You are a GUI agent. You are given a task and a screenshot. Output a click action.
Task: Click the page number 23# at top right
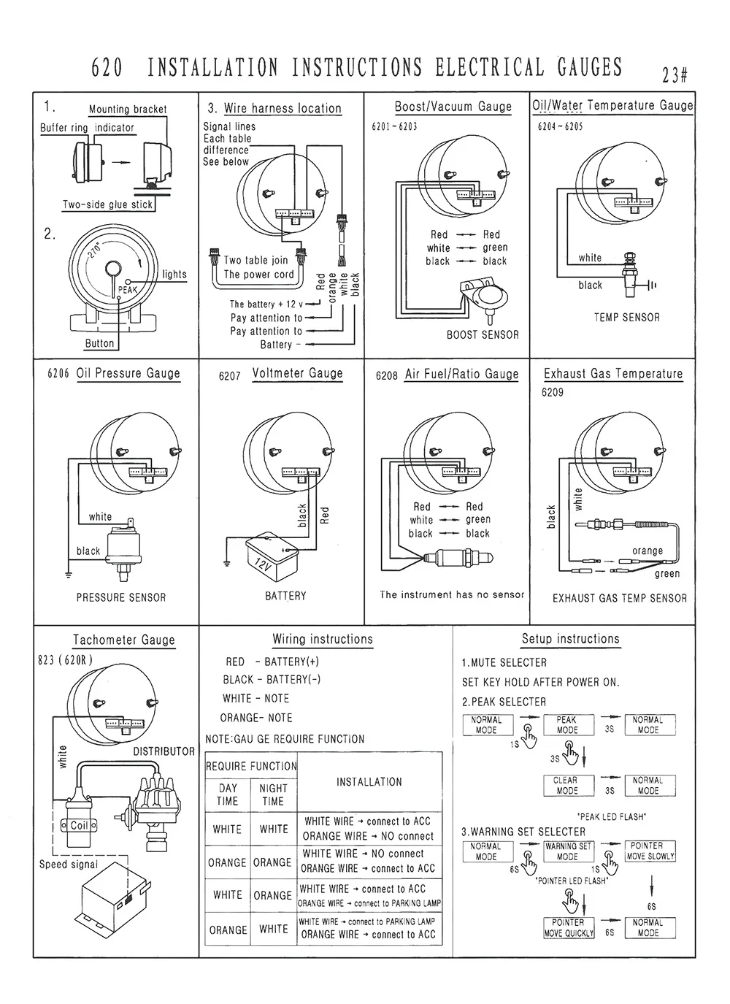point(675,75)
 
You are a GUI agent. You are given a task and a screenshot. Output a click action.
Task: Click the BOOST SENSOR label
point(483,335)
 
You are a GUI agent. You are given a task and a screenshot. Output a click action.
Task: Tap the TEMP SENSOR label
point(626,318)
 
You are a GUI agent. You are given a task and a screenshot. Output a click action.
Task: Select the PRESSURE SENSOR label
point(121,597)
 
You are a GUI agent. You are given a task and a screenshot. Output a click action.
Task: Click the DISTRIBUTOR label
point(164,751)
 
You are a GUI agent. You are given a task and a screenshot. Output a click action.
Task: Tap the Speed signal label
point(69,865)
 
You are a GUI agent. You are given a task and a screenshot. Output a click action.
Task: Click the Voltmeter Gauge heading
point(297,373)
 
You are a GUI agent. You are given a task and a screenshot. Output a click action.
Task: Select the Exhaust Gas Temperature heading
point(613,374)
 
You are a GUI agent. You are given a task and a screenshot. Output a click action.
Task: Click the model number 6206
point(58,374)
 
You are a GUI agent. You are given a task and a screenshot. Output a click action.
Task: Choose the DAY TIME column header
point(228,794)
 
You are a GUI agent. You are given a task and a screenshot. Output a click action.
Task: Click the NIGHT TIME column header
point(273,794)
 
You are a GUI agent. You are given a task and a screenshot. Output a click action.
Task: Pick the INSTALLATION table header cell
point(369,782)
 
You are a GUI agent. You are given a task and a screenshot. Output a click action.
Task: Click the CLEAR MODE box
point(566,785)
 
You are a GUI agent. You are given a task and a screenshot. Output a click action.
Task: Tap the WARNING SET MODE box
point(568,851)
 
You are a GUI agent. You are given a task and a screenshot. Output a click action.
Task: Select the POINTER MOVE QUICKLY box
point(568,927)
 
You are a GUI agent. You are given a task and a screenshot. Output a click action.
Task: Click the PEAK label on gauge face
point(127,290)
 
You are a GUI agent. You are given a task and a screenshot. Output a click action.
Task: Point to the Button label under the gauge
point(99,343)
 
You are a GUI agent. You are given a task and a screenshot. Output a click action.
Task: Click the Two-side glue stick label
point(108,205)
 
